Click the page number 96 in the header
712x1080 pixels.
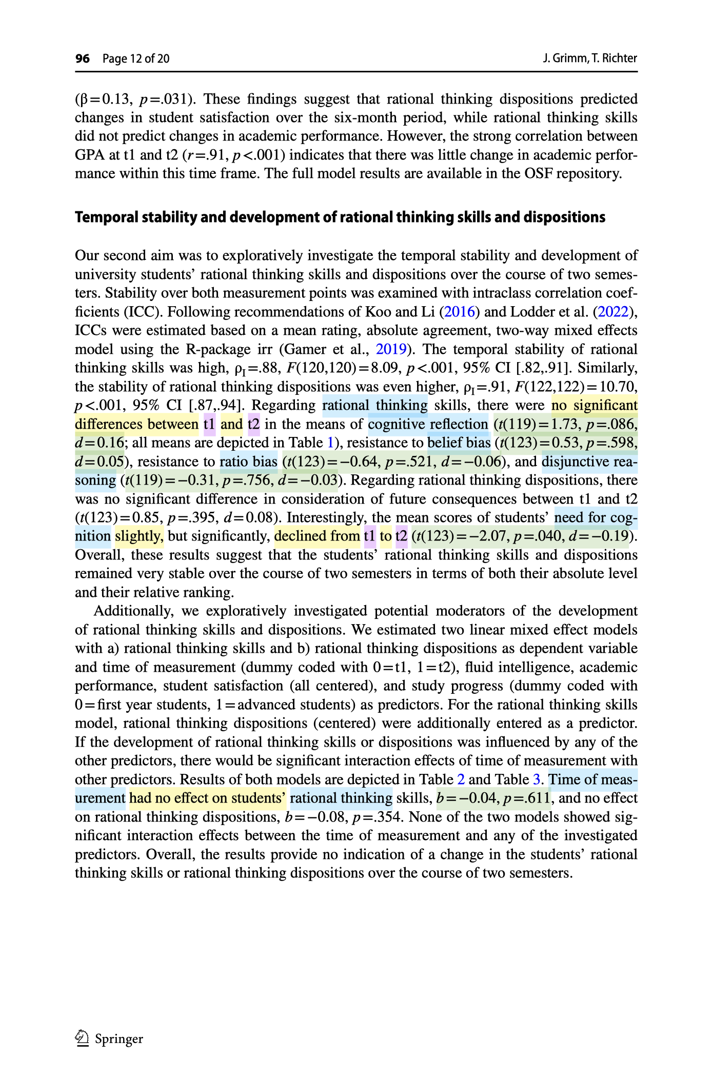[82, 58]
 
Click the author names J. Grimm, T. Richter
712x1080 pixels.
[590, 58]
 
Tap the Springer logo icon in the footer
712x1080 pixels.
[82, 1039]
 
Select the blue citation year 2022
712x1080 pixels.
[613, 312]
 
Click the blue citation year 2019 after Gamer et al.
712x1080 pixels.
[391, 349]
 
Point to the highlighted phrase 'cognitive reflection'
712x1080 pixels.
[428, 424]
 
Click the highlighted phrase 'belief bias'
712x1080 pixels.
[459, 443]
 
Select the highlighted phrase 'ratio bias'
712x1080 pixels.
[248, 462]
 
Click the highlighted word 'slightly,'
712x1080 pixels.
[139, 536]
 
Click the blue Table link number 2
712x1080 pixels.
[461, 779]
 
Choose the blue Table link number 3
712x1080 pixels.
[537, 779]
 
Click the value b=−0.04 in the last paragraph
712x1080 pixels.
[467, 798]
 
